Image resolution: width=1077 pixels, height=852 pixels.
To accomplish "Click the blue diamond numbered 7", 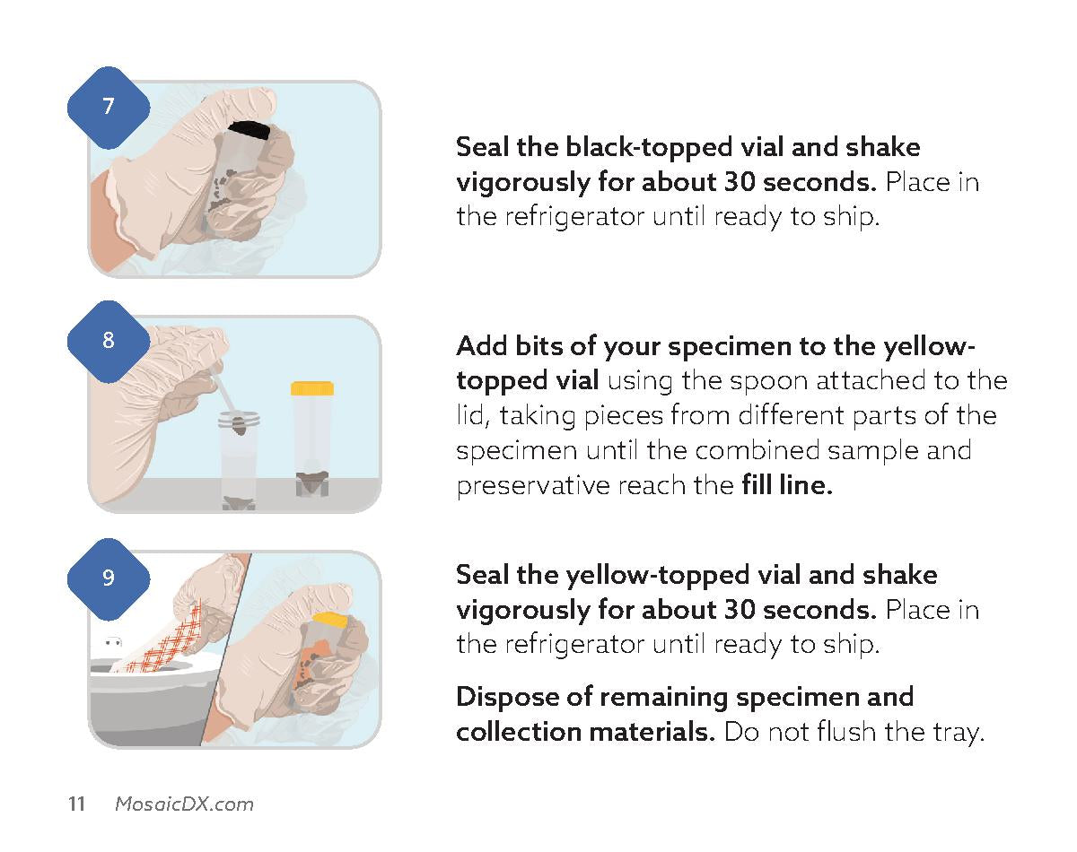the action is tap(109, 107).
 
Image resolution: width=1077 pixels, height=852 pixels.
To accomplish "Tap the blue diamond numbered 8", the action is tap(109, 341).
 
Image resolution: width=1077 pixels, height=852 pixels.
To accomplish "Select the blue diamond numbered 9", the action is tap(109, 578).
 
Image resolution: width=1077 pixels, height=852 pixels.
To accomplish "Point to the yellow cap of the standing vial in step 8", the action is tap(312, 388).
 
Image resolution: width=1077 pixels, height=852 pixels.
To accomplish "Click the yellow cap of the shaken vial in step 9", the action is tap(329, 621).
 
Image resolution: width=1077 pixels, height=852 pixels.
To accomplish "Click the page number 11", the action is tap(76, 804).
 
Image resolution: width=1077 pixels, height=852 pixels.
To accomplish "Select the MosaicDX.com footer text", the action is tap(184, 804).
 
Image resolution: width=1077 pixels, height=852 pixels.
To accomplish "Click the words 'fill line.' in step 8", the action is tap(787, 485).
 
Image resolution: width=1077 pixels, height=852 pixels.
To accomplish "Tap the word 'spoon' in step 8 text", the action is tap(768, 382).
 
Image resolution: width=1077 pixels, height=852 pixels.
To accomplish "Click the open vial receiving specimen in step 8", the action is tap(239, 460).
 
